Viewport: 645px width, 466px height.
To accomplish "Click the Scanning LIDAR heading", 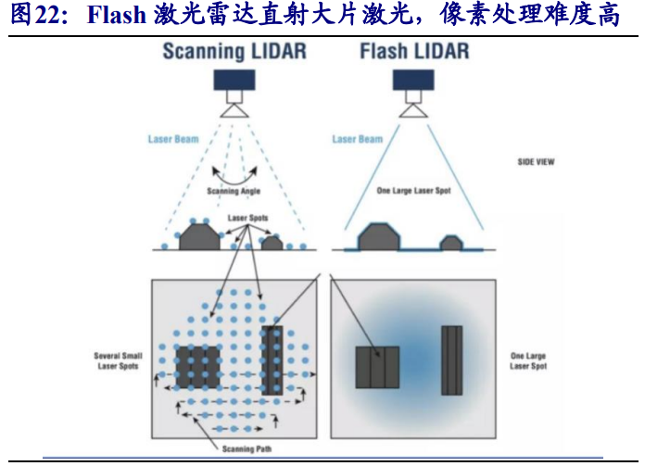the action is [234, 52].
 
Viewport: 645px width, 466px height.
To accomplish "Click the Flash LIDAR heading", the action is [414, 51].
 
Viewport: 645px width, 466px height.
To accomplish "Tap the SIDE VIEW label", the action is [536, 162].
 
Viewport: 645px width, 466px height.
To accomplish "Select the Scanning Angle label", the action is [234, 191].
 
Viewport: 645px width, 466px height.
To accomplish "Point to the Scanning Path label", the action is [247, 448].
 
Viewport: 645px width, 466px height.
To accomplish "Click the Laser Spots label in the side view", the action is [247, 218].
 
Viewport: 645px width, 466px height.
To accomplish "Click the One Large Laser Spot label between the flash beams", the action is [414, 191].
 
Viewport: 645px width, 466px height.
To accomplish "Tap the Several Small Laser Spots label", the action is [118, 360].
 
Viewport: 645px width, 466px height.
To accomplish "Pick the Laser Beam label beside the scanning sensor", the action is [173, 139].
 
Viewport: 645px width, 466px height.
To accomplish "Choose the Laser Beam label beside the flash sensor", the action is [358, 139].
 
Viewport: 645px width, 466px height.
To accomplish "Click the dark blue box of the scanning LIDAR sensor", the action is [234, 80].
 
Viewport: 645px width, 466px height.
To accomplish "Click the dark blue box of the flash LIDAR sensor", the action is [413, 80].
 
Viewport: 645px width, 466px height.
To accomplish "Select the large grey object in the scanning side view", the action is [199, 237].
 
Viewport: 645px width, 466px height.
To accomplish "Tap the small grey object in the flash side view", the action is [451, 243].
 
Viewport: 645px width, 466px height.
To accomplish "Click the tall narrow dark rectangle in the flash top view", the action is [452, 360].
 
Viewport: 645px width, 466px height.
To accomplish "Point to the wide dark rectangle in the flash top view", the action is [377, 367].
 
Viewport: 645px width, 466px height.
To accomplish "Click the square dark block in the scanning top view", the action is [198, 367].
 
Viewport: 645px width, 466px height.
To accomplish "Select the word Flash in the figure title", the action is [117, 15].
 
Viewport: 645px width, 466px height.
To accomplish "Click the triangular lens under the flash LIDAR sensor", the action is [413, 111].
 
